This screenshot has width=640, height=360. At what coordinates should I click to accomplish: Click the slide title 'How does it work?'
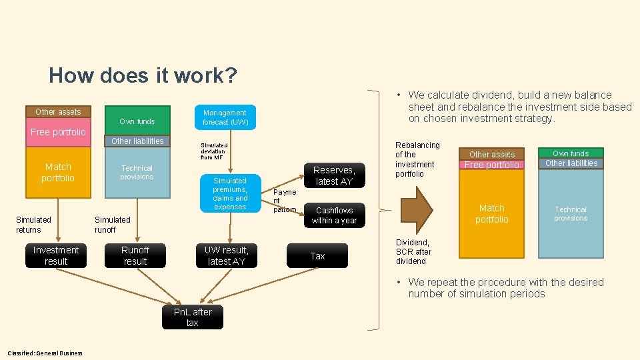click(x=143, y=75)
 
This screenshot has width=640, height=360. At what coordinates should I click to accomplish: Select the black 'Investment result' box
click(x=56, y=256)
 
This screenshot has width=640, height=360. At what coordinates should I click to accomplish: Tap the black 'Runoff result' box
click(x=135, y=256)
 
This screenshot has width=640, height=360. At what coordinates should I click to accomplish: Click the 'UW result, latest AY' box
click(x=227, y=256)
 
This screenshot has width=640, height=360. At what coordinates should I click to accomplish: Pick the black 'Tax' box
click(x=317, y=256)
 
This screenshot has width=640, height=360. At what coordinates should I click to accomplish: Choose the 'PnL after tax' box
click(x=193, y=317)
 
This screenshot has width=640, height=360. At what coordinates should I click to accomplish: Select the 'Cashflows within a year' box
click(x=334, y=215)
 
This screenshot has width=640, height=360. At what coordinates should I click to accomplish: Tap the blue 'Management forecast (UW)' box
click(x=225, y=117)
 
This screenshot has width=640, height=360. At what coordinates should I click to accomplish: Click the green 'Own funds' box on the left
click(x=137, y=121)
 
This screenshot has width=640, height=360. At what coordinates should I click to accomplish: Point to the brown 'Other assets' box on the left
click(x=58, y=111)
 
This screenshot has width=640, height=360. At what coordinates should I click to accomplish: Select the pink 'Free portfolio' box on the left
click(x=58, y=132)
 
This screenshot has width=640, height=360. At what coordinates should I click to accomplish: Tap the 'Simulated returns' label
click(x=33, y=225)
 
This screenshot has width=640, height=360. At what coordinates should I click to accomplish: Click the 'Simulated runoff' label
click(x=112, y=225)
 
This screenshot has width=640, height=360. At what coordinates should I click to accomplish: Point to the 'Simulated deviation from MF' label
click(x=214, y=151)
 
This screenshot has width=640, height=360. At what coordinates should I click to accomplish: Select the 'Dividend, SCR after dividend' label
click(x=414, y=252)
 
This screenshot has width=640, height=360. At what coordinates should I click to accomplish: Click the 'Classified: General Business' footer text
click(x=45, y=353)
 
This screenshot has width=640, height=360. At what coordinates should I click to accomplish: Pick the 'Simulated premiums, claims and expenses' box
click(x=230, y=194)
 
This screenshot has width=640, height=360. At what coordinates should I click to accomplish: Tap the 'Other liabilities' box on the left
click(x=137, y=141)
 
